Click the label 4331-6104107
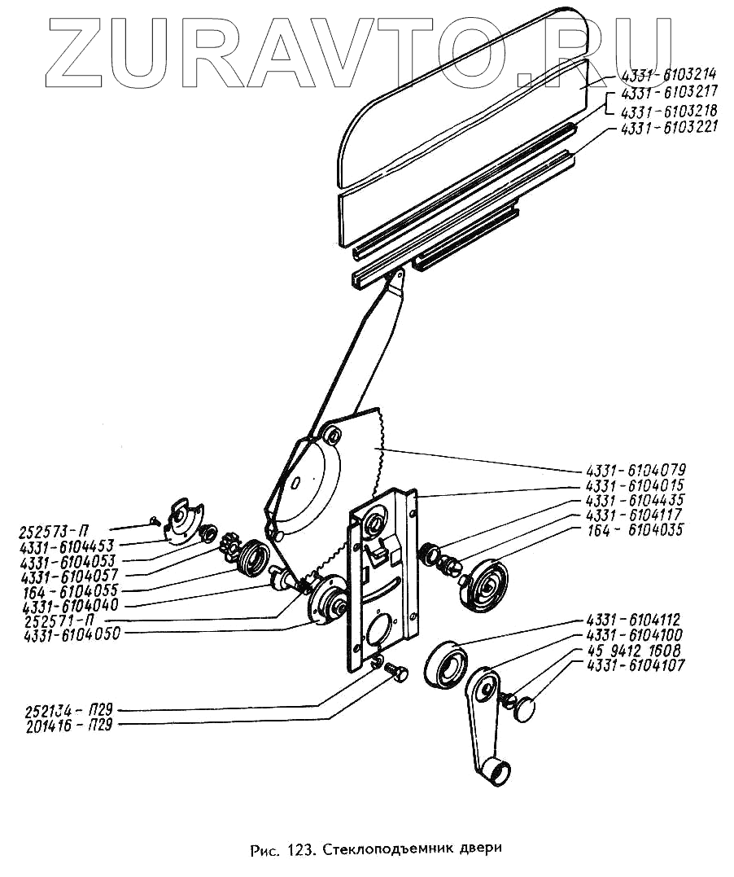tap(636, 665)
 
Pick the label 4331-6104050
tap(72, 635)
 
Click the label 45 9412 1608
tap(636, 650)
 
